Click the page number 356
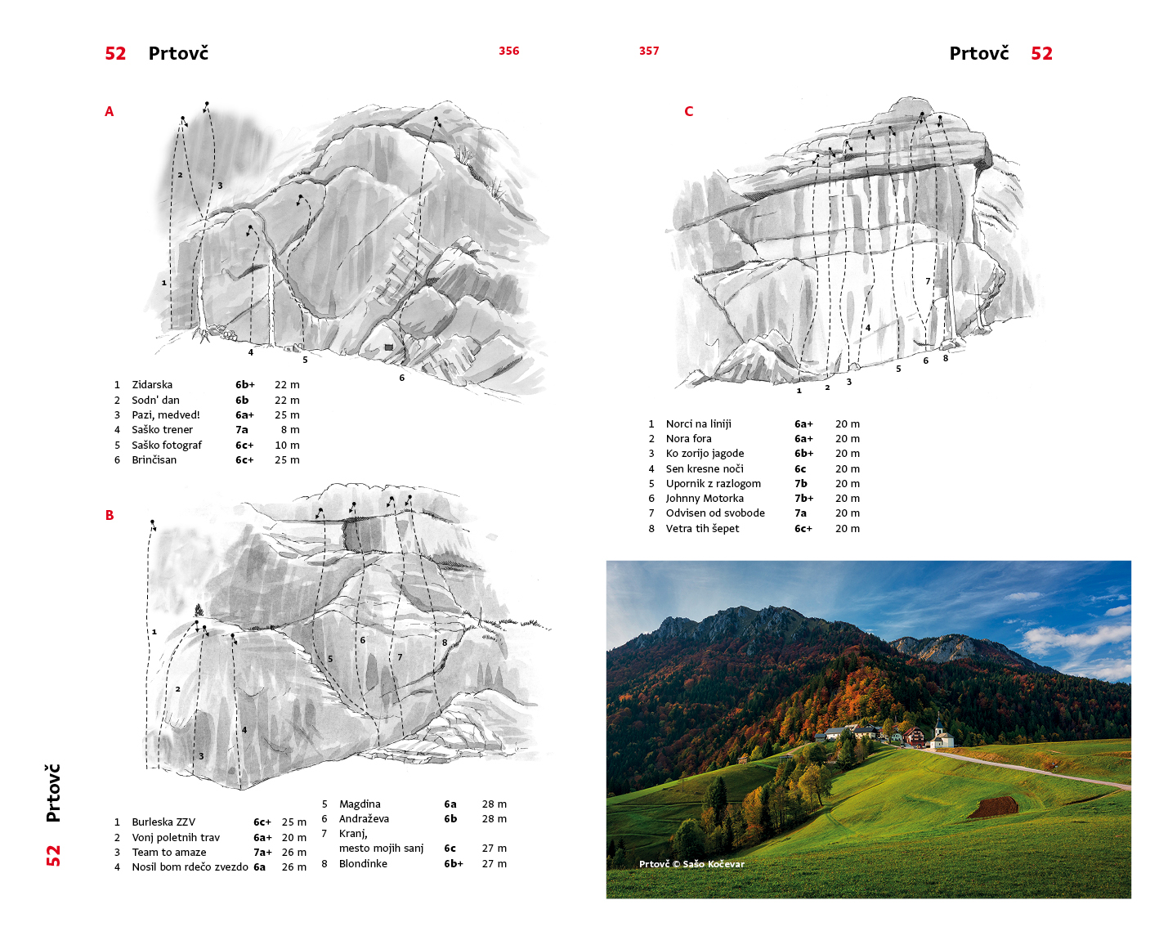[x=508, y=51]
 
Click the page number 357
[x=649, y=51]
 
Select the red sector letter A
[x=110, y=111]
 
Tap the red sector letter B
[x=110, y=515]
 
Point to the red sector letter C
[x=688, y=111]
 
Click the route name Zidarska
[x=152, y=385]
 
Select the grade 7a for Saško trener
[x=242, y=430]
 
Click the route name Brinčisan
[x=154, y=460]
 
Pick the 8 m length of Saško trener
[x=290, y=430]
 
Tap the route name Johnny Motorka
[x=705, y=499]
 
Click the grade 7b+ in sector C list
[x=803, y=499]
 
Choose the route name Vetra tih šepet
[x=702, y=529]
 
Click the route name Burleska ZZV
[x=163, y=822]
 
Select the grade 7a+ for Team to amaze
[x=262, y=853]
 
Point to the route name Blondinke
[x=363, y=864]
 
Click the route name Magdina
[x=360, y=804]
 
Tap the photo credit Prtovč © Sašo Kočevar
[x=691, y=864]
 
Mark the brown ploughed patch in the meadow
[x=994, y=807]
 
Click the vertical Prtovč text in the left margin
[x=53, y=793]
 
